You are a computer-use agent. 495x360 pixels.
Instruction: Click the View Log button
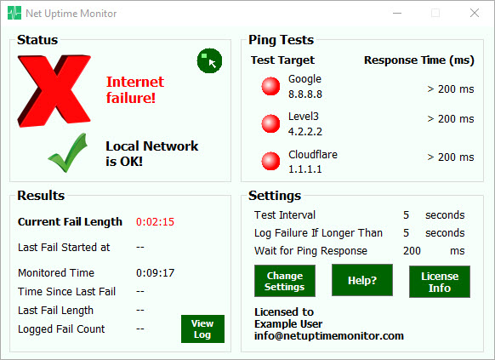pyautogui.click(x=202, y=329)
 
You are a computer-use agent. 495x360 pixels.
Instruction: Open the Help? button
pyautogui.click(x=362, y=280)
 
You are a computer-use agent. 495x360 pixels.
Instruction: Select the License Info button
pyautogui.click(x=440, y=282)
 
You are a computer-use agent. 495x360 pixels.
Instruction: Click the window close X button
pyautogui.click(x=475, y=13)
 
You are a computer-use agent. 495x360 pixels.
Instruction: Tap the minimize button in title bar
pyautogui.click(x=397, y=14)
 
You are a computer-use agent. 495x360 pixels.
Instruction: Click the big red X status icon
pyautogui.click(x=54, y=91)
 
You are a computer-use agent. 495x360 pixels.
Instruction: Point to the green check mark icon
pyautogui.click(x=67, y=153)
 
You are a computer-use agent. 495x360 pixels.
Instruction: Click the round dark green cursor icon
pyautogui.click(x=209, y=60)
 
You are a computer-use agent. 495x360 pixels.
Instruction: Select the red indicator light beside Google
pyautogui.click(x=270, y=86)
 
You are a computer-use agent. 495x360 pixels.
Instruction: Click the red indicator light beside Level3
pyautogui.click(x=270, y=123)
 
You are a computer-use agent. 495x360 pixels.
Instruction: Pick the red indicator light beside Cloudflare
pyautogui.click(x=270, y=161)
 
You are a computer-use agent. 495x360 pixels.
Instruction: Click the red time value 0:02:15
pyautogui.click(x=155, y=221)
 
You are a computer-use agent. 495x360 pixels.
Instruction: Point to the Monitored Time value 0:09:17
pyautogui.click(x=155, y=273)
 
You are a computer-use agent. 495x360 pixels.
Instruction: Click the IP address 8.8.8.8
pyautogui.click(x=305, y=94)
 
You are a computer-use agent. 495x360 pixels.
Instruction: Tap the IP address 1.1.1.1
pyautogui.click(x=305, y=169)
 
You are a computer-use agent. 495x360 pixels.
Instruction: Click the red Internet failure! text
pyautogui.click(x=134, y=90)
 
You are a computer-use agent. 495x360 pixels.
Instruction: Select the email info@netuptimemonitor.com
pyautogui.click(x=329, y=335)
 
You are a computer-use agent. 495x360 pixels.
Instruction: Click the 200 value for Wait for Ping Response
pyautogui.click(x=412, y=251)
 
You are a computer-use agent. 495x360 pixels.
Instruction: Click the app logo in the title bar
pyautogui.click(x=14, y=13)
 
